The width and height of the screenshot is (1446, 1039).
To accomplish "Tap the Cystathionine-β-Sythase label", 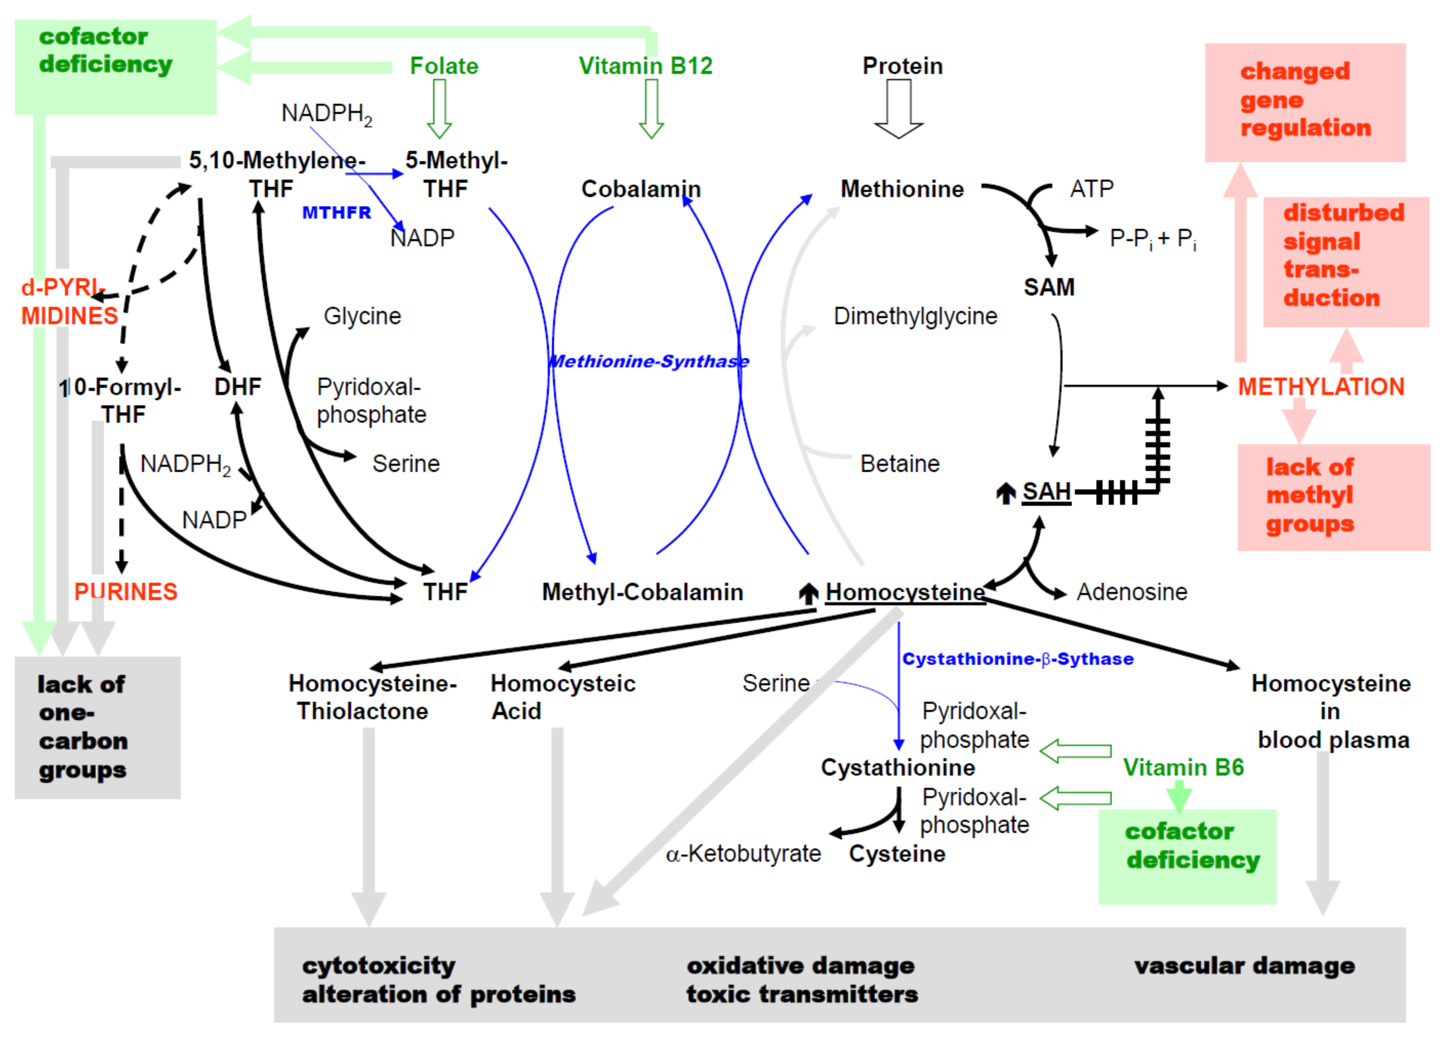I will pyautogui.click(x=1017, y=659).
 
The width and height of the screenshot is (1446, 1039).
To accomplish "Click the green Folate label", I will pyautogui.click(x=444, y=66).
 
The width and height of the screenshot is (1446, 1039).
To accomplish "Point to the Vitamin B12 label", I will pyautogui.click(x=645, y=66).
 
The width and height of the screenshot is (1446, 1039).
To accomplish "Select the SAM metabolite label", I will pyautogui.click(x=1049, y=287).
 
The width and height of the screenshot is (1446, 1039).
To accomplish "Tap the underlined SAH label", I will pyautogui.click(x=1046, y=492).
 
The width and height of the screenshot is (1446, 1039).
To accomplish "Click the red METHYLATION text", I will pyautogui.click(x=1321, y=386).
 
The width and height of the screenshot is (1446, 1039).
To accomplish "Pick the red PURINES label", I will pyautogui.click(x=126, y=592).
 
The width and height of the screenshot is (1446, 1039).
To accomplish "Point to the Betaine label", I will pyautogui.click(x=900, y=464).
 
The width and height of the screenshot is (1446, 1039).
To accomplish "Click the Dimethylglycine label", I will pyautogui.click(x=916, y=316).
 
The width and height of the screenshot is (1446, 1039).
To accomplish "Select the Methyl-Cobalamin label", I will pyautogui.click(x=642, y=592).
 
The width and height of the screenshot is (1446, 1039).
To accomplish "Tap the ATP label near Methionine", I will pyautogui.click(x=1092, y=189).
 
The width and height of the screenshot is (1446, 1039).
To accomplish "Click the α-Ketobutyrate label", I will pyautogui.click(x=744, y=854).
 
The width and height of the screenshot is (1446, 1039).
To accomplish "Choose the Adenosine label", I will pyautogui.click(x=1132, y=592).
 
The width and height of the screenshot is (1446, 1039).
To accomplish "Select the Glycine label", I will pyautogui.click(x=362, y=316).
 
